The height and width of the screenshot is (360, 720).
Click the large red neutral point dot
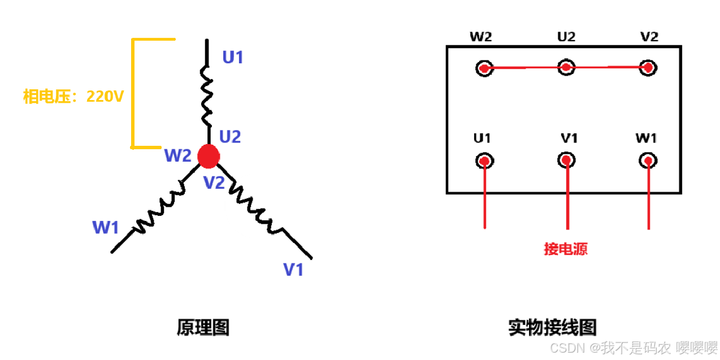point(209,156)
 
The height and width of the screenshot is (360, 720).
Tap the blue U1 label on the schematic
point(233,57)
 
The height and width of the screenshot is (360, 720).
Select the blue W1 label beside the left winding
point(106,228)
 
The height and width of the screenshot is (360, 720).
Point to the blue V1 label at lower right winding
point(294,270)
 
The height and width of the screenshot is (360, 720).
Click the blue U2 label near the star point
point(230,137)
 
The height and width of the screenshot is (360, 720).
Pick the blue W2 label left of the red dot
point(178,155)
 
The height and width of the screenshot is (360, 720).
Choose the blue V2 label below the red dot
point(215,183)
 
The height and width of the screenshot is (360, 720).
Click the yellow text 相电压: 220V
point(73,97)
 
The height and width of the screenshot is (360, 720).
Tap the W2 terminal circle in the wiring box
point(484,68)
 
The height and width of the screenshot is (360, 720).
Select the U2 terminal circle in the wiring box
point(566,67)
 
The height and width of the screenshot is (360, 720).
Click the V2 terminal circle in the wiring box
point(648,68)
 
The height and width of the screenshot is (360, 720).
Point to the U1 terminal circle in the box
point(484,161)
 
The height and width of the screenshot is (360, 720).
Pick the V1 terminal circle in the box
point(566,161)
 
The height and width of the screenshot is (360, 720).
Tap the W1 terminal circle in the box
point(648,161)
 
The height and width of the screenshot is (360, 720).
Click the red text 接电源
point(566,249)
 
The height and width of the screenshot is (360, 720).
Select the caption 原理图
point(203,327)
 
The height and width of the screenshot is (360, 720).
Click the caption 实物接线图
point(552,327)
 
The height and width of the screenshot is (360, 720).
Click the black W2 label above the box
point(480,37)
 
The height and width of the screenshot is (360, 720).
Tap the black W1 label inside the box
point(646,138)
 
